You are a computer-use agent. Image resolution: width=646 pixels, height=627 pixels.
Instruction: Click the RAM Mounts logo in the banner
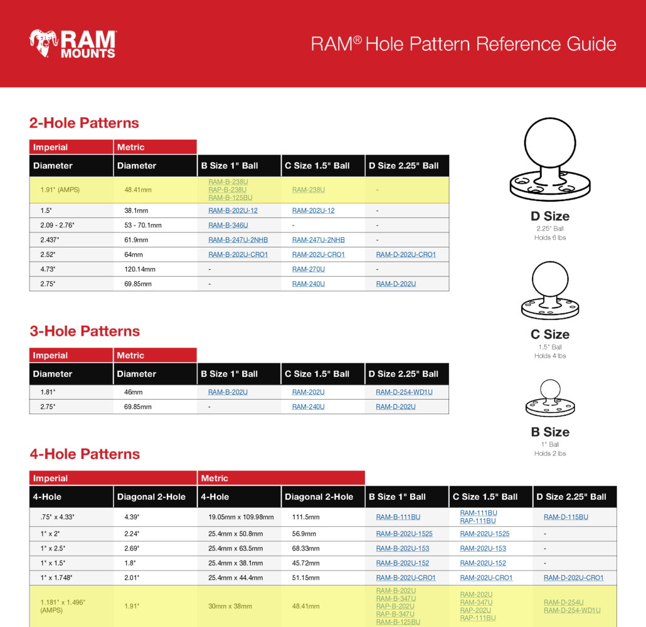tap(72, 44)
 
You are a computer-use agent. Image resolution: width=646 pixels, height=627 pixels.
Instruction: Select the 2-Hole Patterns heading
tap(84, 123)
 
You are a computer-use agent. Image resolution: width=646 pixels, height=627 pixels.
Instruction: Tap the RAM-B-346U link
tap(228, 225)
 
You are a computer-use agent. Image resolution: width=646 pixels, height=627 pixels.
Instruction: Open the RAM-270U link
tap(309, 269)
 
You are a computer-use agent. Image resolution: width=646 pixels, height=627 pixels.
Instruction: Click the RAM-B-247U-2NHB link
tap(238, 240)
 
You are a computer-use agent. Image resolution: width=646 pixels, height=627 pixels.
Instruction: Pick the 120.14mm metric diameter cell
tap(140, 269)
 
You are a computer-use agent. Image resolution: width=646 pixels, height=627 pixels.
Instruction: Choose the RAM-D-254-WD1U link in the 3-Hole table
tap(404, 392)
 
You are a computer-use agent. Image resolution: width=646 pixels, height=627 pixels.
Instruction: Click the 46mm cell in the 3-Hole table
tap(134, 392)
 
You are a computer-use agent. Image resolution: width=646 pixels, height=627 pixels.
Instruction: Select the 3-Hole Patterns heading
tap(85, 331)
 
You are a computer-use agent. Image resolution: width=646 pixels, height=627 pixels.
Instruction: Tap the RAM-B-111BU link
tap(398, 517)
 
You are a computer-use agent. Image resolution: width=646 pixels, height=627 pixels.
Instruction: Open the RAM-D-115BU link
tap(566, 517)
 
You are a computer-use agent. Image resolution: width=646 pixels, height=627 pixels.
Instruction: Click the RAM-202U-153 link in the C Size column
tap(483, 549)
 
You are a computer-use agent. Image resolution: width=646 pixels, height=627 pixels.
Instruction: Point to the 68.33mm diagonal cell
tap(305, 549)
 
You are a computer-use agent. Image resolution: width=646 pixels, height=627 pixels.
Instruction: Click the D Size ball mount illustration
tap(550, 159)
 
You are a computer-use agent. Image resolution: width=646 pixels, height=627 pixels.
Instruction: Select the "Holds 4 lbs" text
tap(550, 356)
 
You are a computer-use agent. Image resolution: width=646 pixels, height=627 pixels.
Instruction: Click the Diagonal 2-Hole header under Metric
tap(319, 497)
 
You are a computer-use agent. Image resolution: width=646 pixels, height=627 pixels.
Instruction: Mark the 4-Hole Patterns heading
tap(85, 454)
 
